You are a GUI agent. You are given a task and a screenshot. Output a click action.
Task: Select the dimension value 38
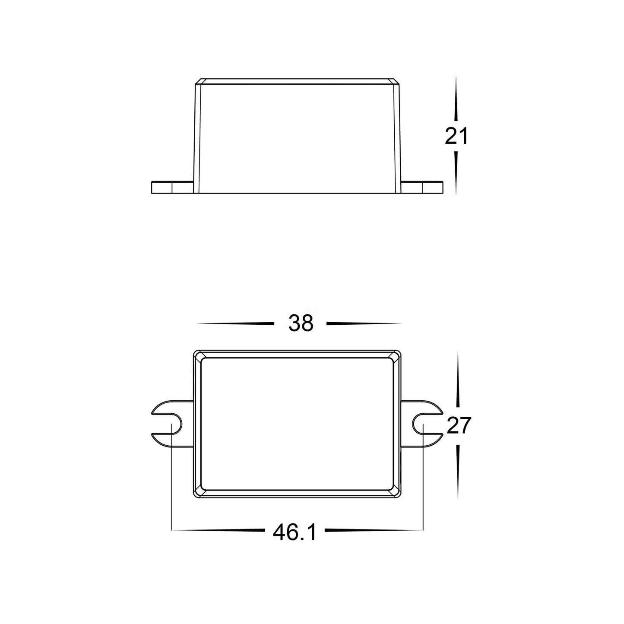(301, 323)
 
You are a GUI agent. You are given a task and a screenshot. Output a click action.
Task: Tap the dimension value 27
(459, 425)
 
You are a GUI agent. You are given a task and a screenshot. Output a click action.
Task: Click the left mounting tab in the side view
(173, 187)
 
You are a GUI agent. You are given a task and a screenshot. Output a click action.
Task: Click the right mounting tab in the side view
(422, 187)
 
